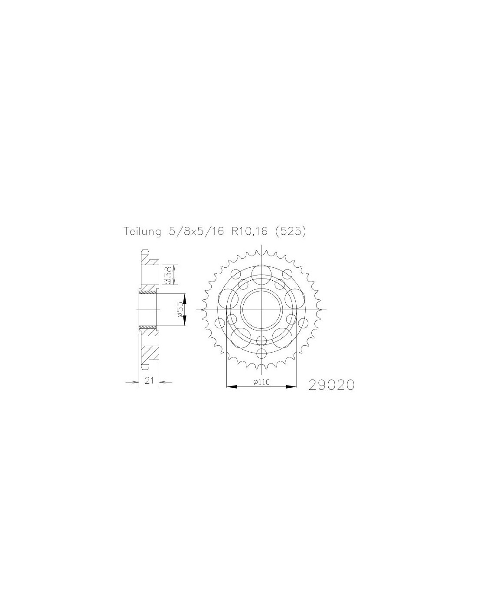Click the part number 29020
[x=331, y=385]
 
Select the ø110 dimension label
[x=261, y=382]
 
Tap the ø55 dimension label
[x=180, y=310]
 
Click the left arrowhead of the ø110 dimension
[x=231, y=386]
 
